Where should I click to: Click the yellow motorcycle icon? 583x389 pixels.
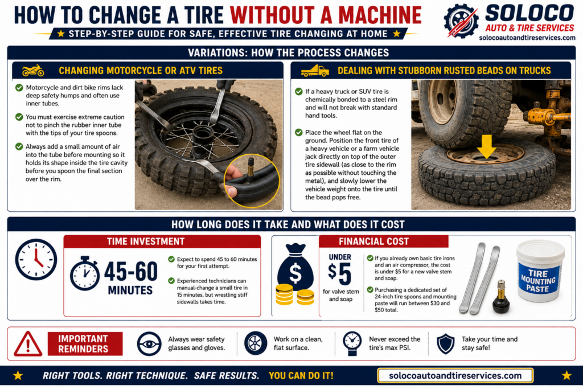(33, 70)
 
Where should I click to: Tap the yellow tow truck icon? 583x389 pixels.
(315, 71)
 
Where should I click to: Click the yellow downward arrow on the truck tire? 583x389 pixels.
(486, 146)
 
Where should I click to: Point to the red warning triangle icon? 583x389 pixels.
(28, 344)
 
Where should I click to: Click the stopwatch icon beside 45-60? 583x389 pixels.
(85, 273)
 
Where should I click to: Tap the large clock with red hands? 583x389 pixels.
(36, 260)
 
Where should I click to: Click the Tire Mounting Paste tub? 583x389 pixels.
(540, 271)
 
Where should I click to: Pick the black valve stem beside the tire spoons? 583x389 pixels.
(501, 297)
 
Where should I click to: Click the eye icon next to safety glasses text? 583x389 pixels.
(149, 344)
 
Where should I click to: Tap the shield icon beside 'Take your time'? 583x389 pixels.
(445, 343)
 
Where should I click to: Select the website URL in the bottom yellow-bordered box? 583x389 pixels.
(455, 375)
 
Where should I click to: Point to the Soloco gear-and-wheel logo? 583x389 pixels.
(461, 21)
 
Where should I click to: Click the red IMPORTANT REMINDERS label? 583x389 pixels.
(85, 343)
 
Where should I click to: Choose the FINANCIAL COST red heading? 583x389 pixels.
(373, 241)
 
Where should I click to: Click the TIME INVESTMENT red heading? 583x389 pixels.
(146, 241)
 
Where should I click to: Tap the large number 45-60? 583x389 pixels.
(131, 272)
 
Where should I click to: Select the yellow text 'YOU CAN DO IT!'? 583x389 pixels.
(301, 375)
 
